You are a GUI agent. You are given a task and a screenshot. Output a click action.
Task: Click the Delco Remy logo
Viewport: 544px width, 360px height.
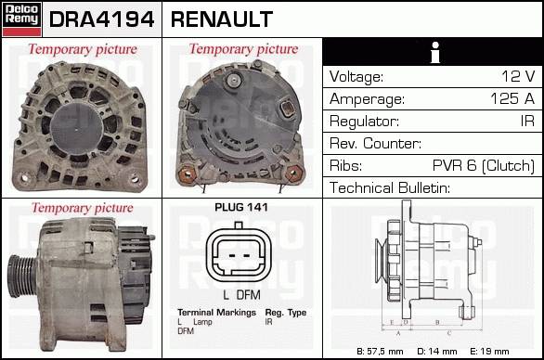[x=22, y=19]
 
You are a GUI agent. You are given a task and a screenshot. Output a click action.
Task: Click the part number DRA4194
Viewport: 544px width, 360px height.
[x=102, y=19]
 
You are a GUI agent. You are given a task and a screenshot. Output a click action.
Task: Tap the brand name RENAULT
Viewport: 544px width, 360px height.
[x=222, y=19]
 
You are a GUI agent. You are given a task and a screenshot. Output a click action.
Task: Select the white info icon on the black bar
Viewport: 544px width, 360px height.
[x=435, y=52]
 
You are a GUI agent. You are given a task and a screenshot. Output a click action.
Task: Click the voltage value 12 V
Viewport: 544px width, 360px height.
[x=518, y=76]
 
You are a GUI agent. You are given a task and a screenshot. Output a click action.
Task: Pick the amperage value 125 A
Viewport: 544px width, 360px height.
[x=512, y=99]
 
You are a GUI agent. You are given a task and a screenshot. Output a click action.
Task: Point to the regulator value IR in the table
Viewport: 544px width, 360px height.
[x=527, y=121]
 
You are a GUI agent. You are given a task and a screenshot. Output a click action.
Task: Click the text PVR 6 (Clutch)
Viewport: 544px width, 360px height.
[x=484, y=165]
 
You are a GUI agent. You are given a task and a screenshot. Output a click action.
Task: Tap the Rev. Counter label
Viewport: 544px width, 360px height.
[x=375, y=143]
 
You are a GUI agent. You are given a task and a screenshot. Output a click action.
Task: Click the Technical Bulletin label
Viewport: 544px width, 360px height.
[x=390, y=187]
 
